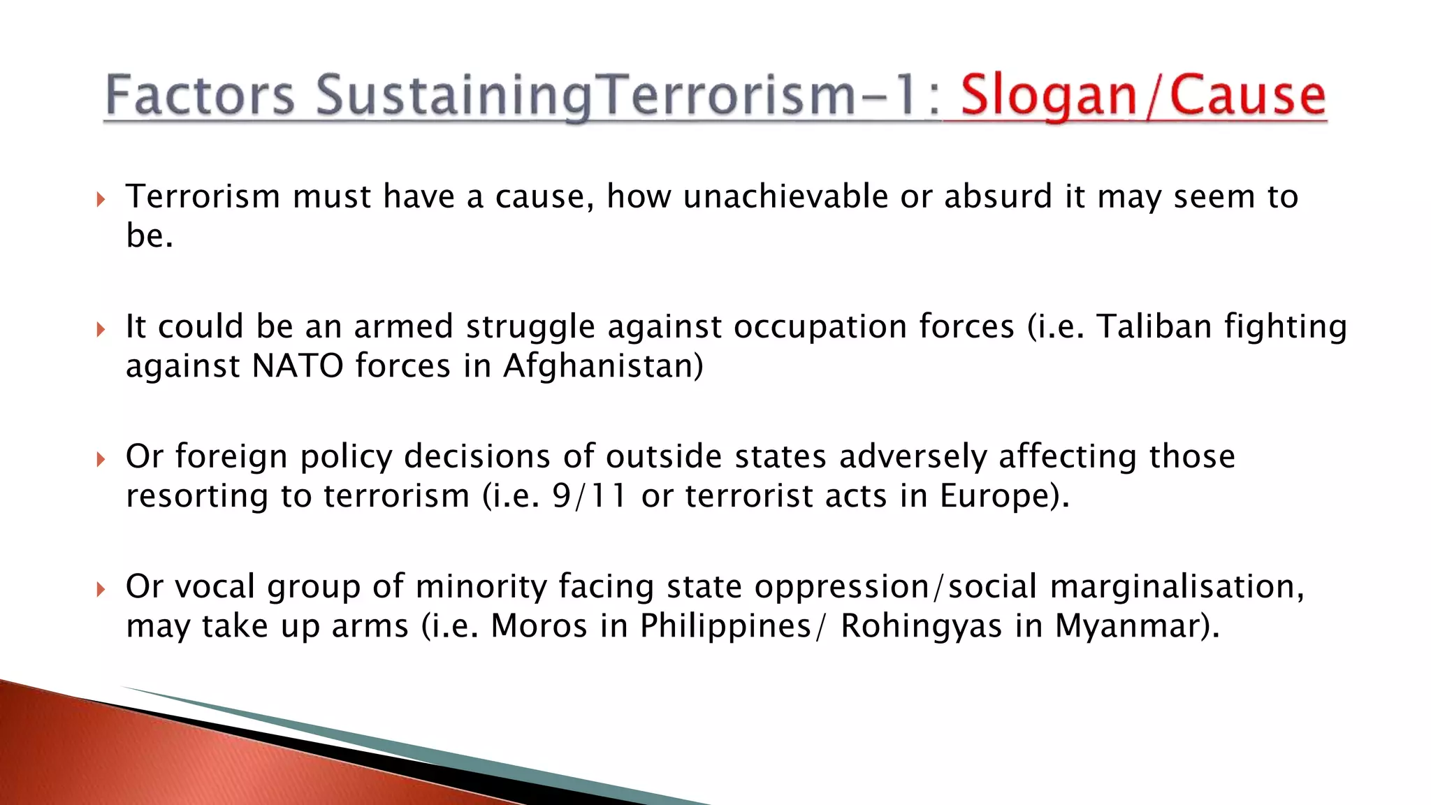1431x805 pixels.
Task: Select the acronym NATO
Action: [297, 365]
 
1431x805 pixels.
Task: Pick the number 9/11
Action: [590, 496]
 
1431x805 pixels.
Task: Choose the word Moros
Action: [539, 626]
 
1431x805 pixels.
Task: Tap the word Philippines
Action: [725, 626]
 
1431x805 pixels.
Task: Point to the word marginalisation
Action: [1177, 587]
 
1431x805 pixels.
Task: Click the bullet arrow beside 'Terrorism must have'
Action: [101, 200]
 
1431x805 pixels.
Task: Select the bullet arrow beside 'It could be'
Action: [101, 329]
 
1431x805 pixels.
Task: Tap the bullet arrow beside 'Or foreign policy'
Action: [101, 459]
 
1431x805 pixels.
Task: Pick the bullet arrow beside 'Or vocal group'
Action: [101, 589]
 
